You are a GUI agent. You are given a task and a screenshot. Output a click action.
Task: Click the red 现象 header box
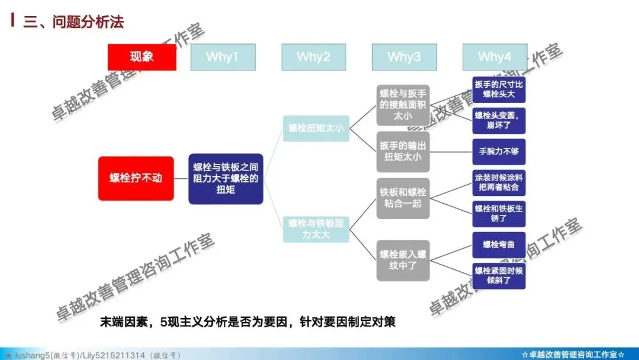141,57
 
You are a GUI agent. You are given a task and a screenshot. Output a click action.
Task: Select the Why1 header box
222,57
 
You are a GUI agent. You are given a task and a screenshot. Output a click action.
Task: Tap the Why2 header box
314,57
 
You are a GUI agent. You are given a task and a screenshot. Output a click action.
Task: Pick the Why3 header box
404,57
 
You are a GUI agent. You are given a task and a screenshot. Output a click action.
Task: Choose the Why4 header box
495,57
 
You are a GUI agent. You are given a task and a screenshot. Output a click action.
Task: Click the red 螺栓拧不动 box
135,178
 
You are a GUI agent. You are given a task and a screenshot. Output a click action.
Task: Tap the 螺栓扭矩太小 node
316,128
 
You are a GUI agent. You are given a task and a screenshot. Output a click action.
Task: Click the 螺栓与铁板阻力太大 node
316,229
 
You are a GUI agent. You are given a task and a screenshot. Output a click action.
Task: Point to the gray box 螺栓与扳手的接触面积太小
403,105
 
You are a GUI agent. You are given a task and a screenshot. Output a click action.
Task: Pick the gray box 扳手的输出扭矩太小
403,152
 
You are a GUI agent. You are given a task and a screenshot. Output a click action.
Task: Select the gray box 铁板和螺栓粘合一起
403,198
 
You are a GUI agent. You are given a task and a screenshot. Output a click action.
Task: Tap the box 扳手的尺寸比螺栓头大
499,89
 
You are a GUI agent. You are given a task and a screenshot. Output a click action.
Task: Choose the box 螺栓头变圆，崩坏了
499,120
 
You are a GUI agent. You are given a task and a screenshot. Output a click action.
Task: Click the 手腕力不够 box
499,152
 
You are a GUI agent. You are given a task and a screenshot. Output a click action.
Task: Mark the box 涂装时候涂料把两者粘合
499,182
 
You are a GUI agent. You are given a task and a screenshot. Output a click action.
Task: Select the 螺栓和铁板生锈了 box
499,214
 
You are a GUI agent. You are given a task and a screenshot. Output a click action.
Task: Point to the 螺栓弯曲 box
499,245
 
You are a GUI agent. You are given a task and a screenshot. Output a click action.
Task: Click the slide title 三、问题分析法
73,22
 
